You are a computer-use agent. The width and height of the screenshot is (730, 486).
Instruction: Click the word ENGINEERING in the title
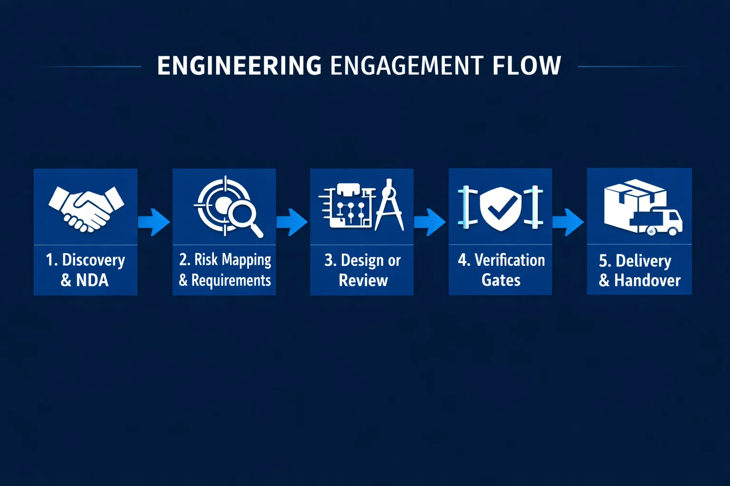point(239,65)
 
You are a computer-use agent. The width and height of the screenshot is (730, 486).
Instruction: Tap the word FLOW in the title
point(527,65)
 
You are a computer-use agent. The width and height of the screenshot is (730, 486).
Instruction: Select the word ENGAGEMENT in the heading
point(407,65)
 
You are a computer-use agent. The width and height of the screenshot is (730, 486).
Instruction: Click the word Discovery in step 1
point(94,260)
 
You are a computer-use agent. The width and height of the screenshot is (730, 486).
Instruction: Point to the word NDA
point(92,280)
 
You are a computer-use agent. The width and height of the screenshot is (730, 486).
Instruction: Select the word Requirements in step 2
point(231,280)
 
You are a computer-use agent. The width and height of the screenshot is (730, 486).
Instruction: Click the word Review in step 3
point(363,280)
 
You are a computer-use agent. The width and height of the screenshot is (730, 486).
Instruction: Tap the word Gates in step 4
point(501,280)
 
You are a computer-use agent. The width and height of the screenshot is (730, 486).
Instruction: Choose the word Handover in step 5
point(647,280)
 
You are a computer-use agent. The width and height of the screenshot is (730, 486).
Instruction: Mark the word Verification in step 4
point(509,260)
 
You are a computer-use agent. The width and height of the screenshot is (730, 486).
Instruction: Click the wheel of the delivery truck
point(672,231)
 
